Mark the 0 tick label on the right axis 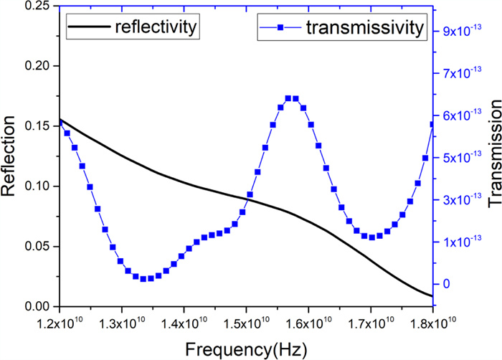click(x=448, y=284)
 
